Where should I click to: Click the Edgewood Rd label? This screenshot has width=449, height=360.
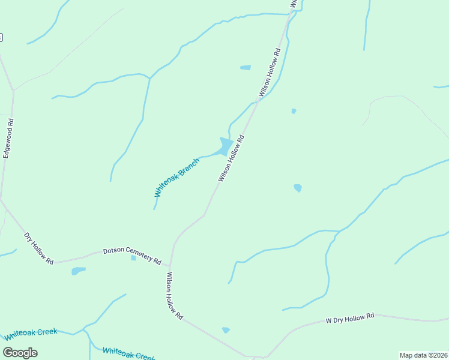pyautogui.click(x=8, y=139)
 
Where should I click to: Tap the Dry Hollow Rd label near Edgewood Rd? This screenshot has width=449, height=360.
pyautogui.click(x=39, y=248)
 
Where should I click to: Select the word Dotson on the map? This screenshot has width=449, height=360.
pyautogui.click(x=113, y=251)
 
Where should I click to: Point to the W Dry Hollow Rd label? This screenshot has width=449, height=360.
pyautogui.click(x=350, y=318)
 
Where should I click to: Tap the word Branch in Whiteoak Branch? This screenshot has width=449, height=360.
pyautogui.click(x=191, y=165)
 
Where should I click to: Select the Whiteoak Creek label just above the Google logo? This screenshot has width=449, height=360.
pyautogui.click(x=31, y=334)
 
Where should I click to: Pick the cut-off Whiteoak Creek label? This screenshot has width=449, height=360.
pyautogui.click(x=129, y=354)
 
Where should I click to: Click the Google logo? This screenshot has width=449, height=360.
pyautogui.click(x=20, y=352)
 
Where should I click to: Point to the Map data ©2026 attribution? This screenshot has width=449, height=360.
pyautogui.click(x=423, y=355)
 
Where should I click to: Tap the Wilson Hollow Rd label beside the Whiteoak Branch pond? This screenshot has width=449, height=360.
pyautogui.click(x=231, y=158)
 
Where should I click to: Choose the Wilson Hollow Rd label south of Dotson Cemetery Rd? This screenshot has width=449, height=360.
pyautogui.click(x=174, y=296)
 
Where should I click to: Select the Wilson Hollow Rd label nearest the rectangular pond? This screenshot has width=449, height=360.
pyautogui.click(x=270, y=73)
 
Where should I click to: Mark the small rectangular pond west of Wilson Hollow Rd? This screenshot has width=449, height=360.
pyautogui.click(x=246, y=68)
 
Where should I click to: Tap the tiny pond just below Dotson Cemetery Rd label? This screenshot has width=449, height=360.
pyautogui.click(x=133, y=258)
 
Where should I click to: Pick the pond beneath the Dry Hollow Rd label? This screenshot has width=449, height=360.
pyautogui.click(x=78, y=271)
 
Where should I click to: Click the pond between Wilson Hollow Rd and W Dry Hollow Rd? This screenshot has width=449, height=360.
pyautogui.click(x=226, y=330)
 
